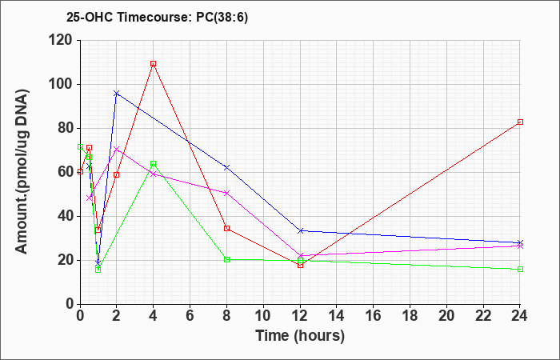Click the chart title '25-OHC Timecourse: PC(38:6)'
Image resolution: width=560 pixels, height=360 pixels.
[x=157, y=17]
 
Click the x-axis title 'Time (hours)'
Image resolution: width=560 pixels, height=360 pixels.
[x=300, y=336]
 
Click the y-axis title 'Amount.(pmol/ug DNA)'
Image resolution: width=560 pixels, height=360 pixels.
[x=22, y=172]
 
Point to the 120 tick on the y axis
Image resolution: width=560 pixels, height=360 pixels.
[x=63, y=40]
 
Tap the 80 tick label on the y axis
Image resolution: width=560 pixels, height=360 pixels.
[x=66, y=129]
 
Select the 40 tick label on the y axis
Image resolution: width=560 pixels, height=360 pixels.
[x=66, y=217]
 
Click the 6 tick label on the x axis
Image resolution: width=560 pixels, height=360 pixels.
[x=190, y=316]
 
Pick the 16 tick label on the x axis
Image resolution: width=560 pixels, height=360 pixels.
[x=374, y=316]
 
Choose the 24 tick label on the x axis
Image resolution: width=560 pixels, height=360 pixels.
[x=520, y=316]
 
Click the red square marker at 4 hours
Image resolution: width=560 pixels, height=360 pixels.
[x=154, y=63]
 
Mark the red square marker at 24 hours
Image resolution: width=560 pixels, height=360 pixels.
[x=520, y=122]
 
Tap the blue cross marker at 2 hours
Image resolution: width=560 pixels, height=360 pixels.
[x=117, y=94]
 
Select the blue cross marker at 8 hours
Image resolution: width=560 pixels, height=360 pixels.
[x=226, y=167]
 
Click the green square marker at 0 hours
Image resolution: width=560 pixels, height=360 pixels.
[x=80, y=146]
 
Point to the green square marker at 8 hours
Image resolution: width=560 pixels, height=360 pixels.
[x=226, y=260]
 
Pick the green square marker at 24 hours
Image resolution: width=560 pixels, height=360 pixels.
[x=520, y=270]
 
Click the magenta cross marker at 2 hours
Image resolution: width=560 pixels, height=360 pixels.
[x=117, y=149]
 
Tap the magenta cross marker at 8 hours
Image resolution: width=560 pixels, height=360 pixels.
[x=226, y=193]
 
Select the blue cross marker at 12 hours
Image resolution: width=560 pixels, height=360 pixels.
[x=301, y=231]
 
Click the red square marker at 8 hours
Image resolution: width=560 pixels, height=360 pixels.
[x=226, y=229]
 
